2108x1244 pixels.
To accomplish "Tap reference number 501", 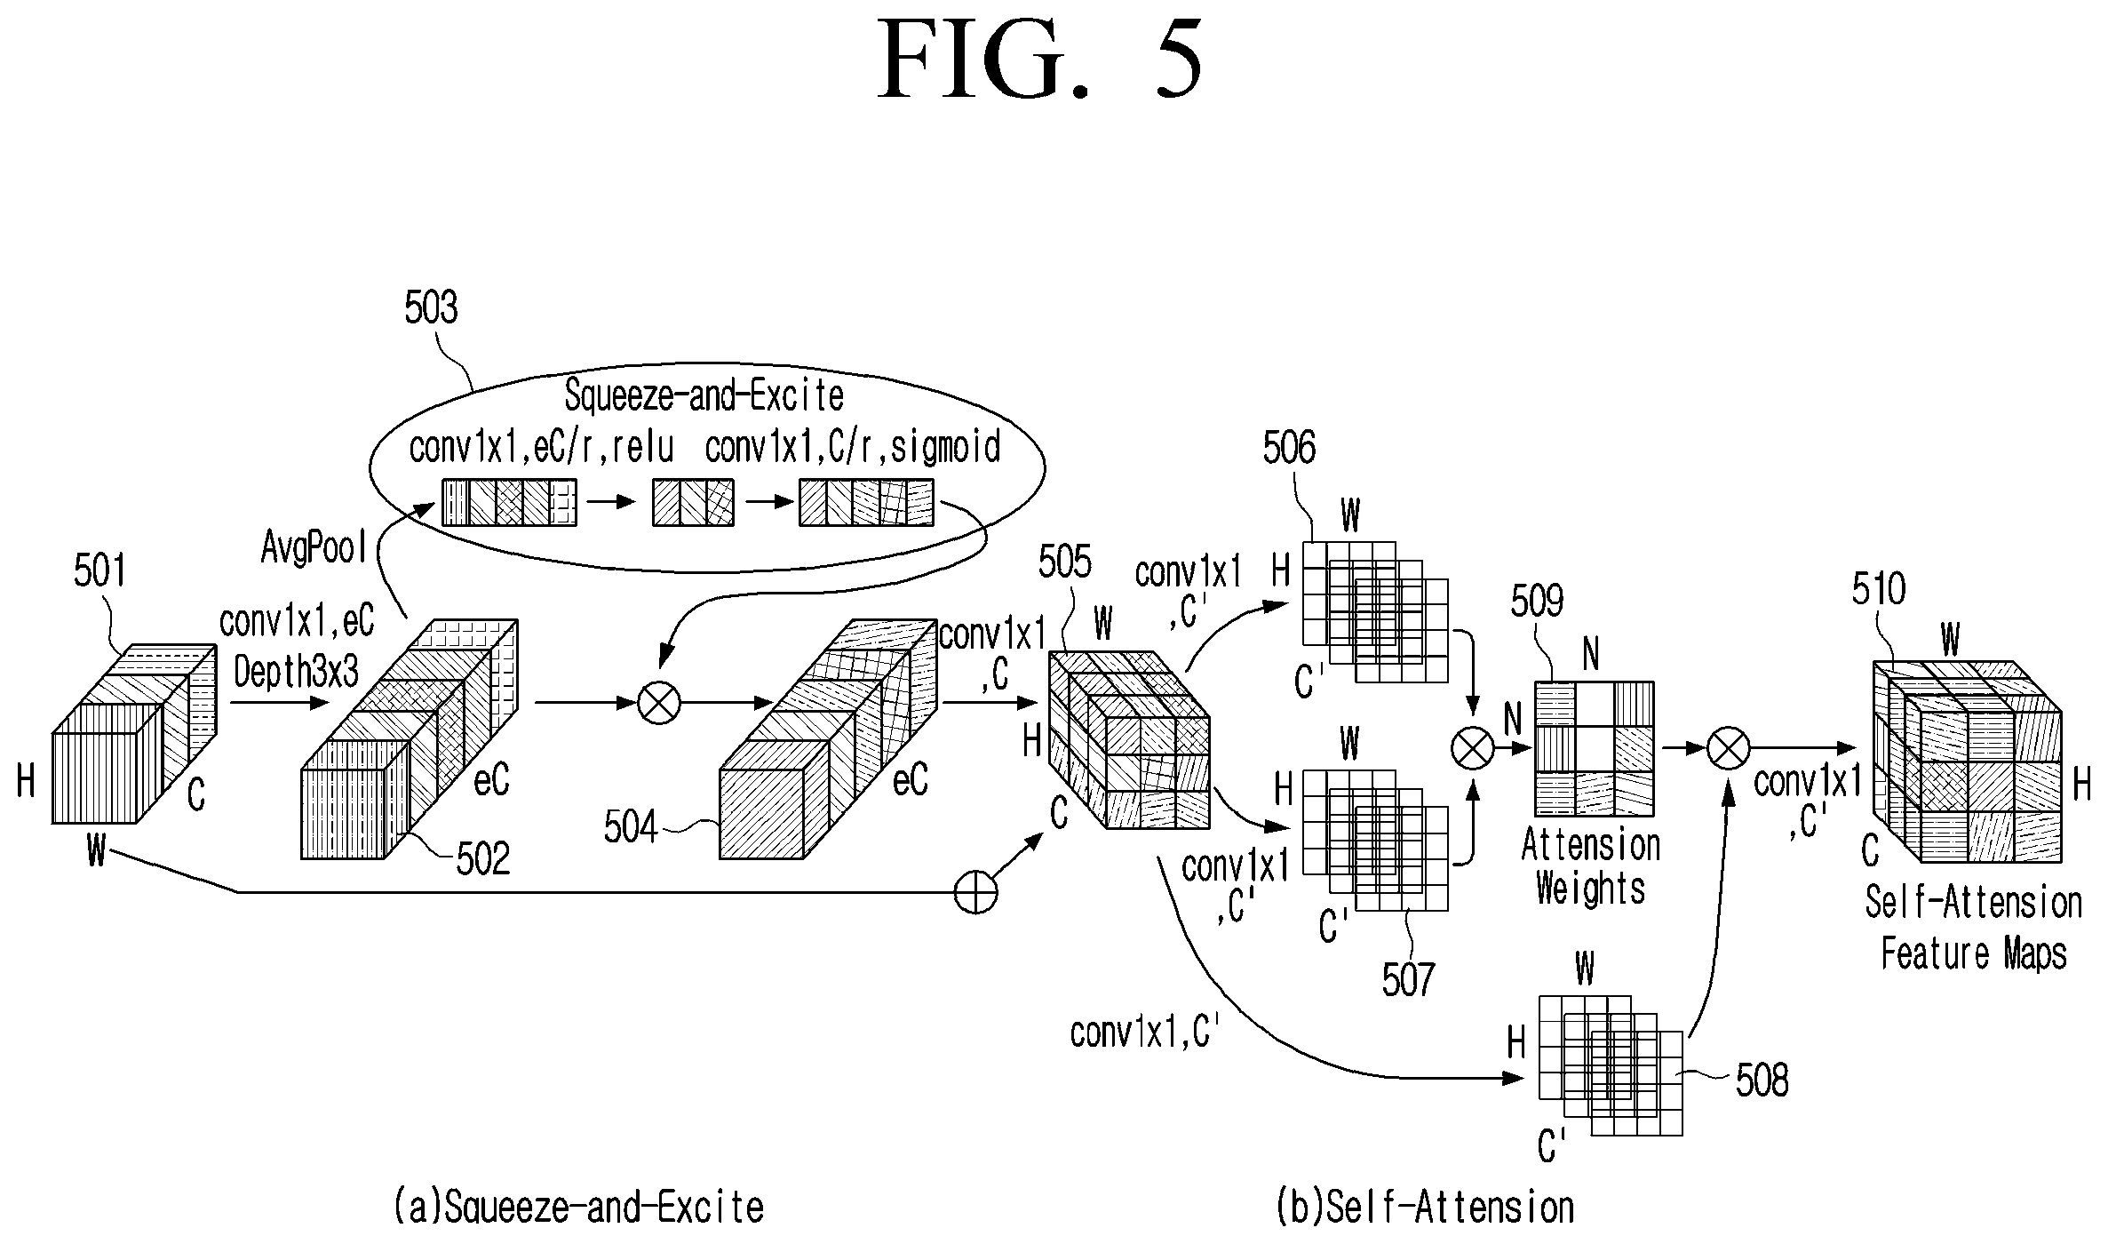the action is click(x=100, y=570).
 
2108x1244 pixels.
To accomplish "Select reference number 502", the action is click(x=483, y=859).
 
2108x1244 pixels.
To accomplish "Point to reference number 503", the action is click(x=431, y=307).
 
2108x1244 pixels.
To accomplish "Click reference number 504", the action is click(x=631, y=827).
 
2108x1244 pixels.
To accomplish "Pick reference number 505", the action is click(x=1064, y=562).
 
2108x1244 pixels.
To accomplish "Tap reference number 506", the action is click(x=1289, y=449).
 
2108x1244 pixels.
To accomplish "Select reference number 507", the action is click(x=1408, y=980).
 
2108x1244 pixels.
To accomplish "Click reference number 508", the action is click(x=1762, y=1081).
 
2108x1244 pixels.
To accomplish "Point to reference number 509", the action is click(x=1537, y=602).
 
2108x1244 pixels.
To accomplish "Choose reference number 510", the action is click(x=1879, y=589).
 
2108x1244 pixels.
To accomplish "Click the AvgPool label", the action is click(x=314, y=547).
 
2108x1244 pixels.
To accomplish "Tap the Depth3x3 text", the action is click(x=296, y=673).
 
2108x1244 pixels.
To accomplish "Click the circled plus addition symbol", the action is click(x=975, y=891).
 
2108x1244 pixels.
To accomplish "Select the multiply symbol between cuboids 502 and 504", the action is click(x=659, y=704).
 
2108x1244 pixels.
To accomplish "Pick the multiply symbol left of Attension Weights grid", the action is click(x=1473, y=747).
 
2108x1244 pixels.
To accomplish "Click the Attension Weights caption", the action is click(x=1590, y=866).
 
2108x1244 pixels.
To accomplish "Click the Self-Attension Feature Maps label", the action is click(x=1973, y=929).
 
